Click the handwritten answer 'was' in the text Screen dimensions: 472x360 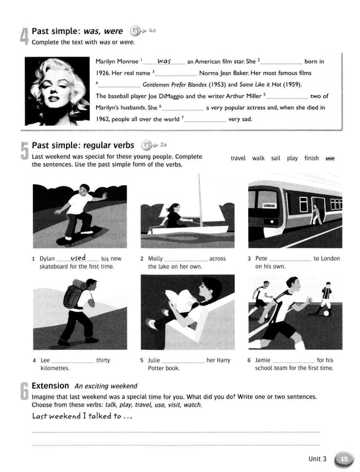point(164,60)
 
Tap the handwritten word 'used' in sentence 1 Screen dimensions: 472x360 point(78,258)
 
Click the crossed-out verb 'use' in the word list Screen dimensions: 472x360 point(330,158)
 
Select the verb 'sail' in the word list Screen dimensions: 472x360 point(275,158)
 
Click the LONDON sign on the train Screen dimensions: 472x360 point(269,206)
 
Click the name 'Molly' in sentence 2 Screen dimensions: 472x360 point(156,259)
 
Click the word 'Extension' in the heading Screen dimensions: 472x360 point(50,386)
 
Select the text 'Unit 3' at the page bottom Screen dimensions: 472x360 point(317,459)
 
